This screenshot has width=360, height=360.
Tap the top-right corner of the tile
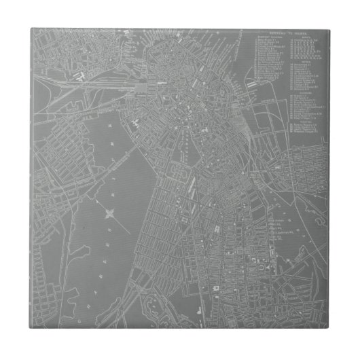click(331, 28)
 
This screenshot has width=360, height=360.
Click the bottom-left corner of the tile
click(29, 331)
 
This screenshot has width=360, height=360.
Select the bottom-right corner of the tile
click(331, 331)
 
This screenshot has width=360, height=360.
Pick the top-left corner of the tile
click(29, 28)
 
